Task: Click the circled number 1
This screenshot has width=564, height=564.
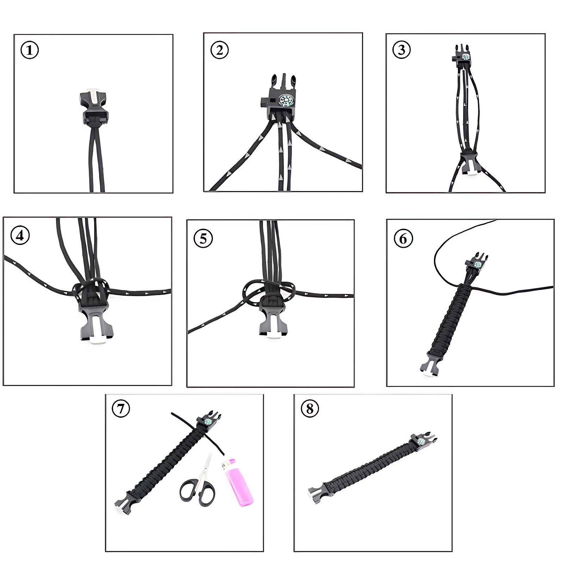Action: tap(30, 50)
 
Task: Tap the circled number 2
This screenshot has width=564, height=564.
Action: tap(219, 50)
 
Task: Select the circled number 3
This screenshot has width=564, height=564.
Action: tap(401, 50)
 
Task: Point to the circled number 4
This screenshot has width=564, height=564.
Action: tap(20, 235)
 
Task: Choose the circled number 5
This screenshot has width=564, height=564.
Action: tap(203, 238)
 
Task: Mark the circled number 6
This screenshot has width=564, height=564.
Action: tap(403, 239)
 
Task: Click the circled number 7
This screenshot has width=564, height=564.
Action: tap(121, 409)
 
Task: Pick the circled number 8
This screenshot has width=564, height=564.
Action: tap(310, 409)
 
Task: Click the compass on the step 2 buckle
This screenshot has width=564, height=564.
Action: tap(286, 100)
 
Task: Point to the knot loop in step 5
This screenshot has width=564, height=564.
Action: tap(268, 293)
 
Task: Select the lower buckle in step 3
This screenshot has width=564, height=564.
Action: tap(469, 162)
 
